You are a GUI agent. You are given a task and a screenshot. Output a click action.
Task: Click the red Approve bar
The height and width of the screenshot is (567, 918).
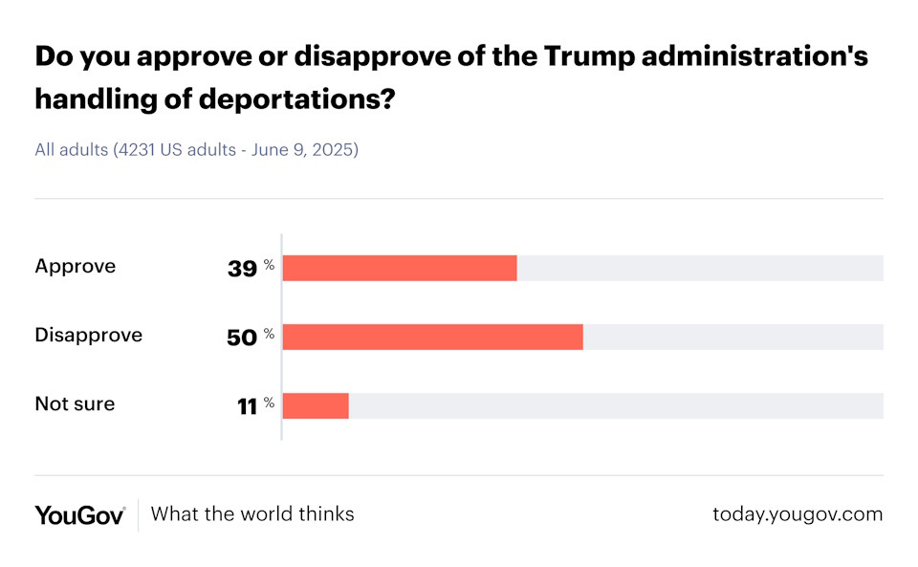400,268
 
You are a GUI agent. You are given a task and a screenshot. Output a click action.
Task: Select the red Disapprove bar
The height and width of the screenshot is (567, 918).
432,337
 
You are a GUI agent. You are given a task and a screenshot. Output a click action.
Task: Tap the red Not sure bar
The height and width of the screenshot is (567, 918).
316,405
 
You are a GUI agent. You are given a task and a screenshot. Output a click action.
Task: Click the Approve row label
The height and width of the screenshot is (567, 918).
75,267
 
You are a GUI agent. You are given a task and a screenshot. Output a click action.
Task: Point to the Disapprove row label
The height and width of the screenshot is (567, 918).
88,336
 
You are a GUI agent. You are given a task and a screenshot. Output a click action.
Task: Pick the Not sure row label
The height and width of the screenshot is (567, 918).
75,404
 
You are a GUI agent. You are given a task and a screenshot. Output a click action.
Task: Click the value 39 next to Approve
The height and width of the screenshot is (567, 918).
242,269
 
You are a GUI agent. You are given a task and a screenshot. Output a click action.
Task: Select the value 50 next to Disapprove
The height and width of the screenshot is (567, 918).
242,338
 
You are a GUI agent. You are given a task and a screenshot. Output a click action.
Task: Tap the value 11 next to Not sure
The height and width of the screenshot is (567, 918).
248,406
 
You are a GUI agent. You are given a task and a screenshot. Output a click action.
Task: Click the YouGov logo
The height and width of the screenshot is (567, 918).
80,514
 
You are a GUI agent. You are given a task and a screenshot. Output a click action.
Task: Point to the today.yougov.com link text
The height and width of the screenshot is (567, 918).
798,514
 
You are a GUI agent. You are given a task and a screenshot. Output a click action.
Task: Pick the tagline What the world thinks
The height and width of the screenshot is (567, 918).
252,514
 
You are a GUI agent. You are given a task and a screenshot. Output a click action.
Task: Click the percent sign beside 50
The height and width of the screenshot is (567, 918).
270,334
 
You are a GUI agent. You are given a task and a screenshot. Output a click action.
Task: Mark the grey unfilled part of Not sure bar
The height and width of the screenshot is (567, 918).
616,405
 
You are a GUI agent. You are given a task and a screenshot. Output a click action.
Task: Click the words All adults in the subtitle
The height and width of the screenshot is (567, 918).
71,150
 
